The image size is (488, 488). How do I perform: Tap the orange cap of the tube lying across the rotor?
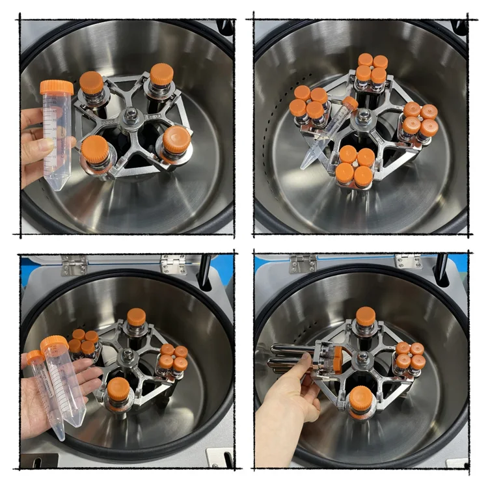tap(351, 103)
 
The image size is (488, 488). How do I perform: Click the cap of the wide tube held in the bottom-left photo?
tap(55, 344)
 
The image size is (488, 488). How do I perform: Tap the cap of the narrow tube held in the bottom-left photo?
tap(35, 357)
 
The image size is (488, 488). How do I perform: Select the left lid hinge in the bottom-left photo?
tap(74, 264)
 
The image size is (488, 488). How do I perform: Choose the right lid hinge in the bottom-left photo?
tap(173, 263)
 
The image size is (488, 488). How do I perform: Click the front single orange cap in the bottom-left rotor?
tap(118, 389)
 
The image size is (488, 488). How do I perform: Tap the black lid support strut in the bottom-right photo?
tap(442, 267)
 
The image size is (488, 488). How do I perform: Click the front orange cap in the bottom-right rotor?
tap(361, 398)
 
